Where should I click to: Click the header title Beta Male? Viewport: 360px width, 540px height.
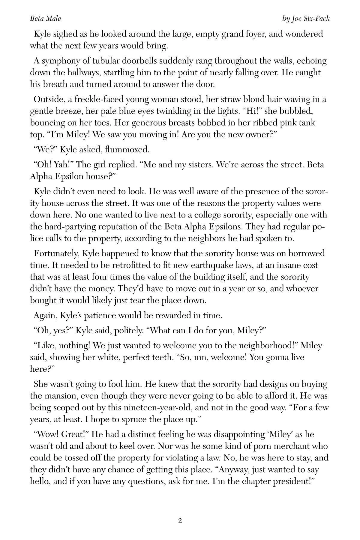(45, 19)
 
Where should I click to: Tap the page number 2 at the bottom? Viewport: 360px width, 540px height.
(180, 520)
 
